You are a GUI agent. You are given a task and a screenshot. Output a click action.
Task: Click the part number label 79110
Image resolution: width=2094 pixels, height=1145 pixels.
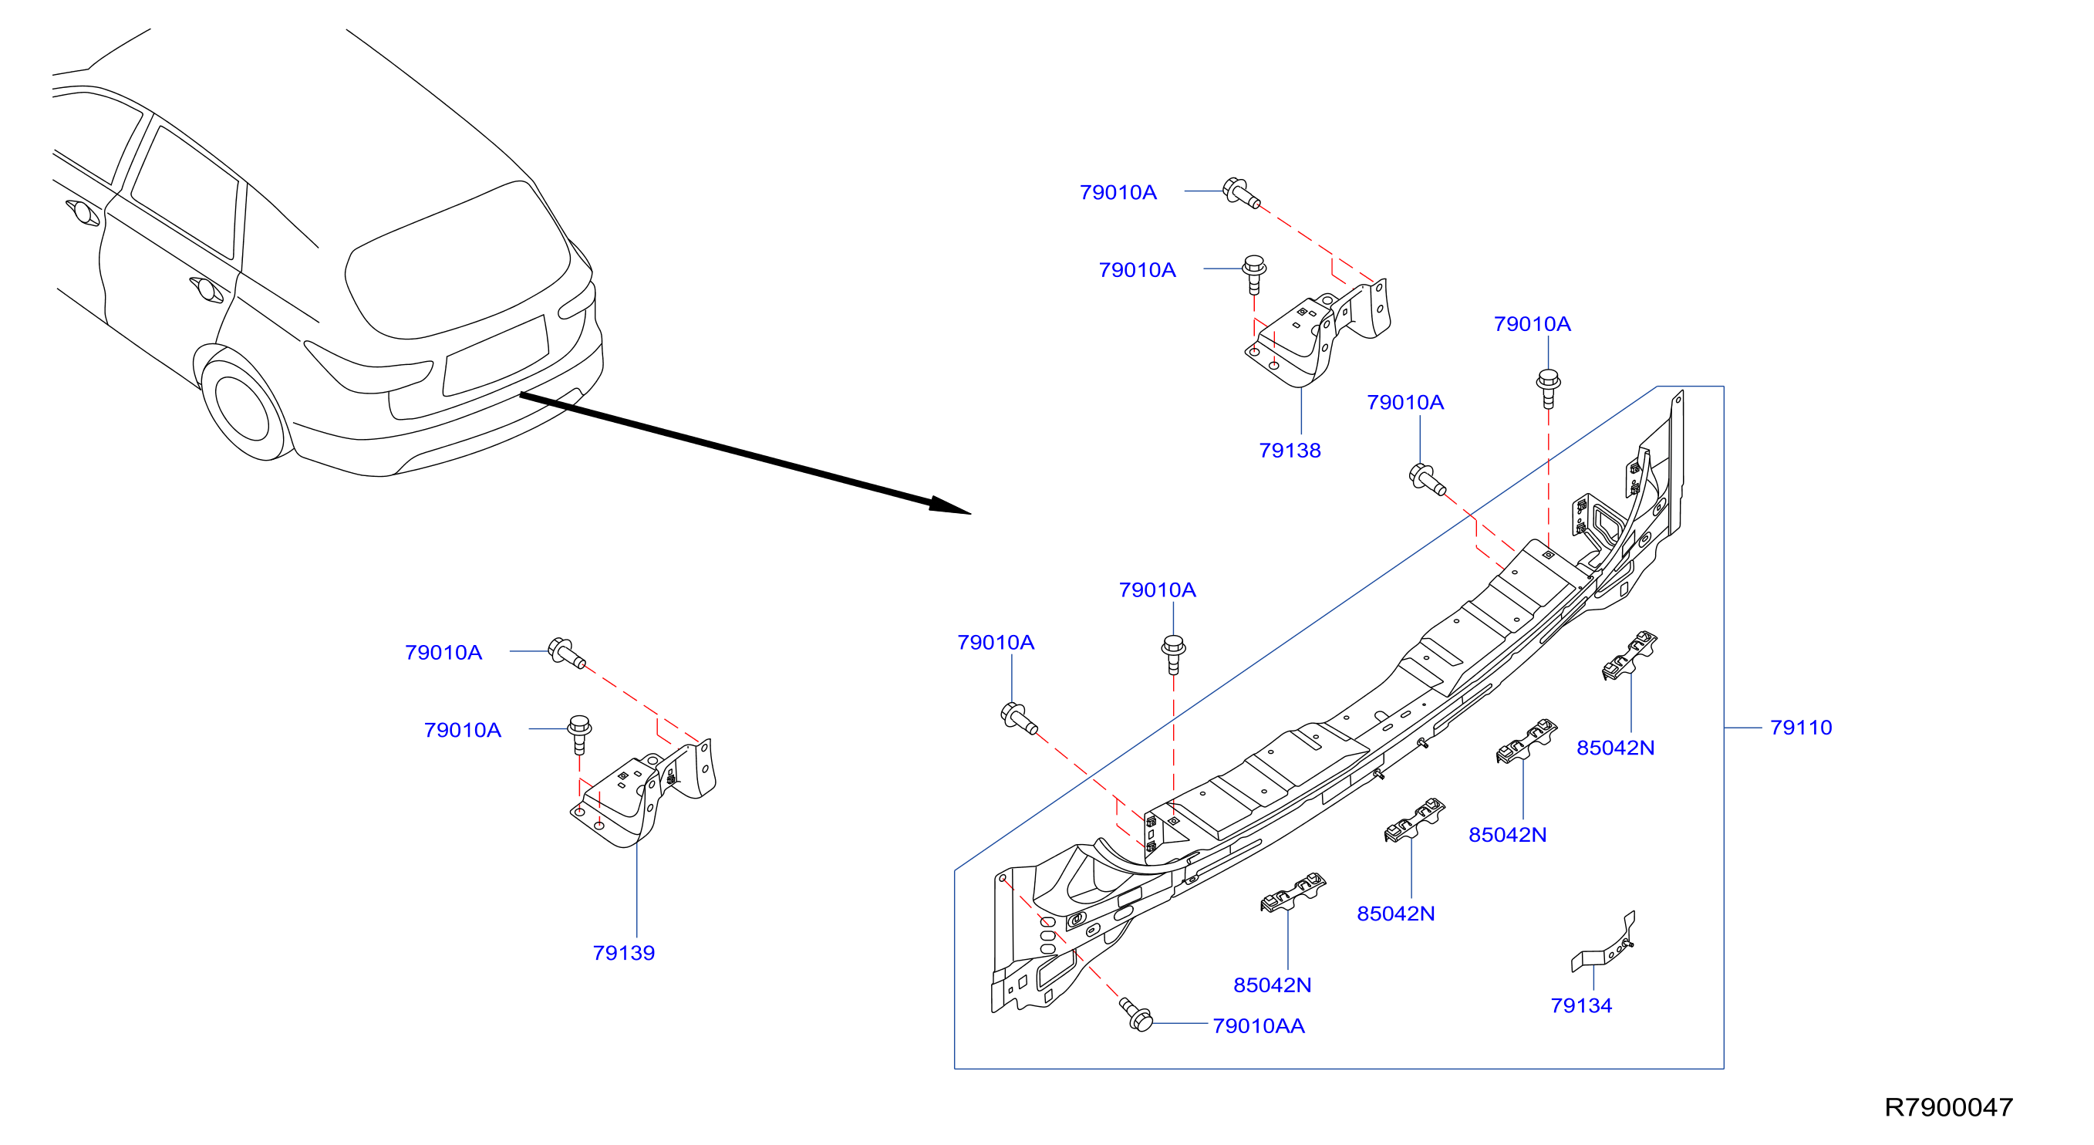pos(1801,728)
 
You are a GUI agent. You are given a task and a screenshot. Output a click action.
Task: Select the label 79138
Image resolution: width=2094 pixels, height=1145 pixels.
pos(1290,451)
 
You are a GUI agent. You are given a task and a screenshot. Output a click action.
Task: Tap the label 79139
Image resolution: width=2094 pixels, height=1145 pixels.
pos(623,953)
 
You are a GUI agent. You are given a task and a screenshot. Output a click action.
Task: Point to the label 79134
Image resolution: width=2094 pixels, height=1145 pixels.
pos(1581,1006)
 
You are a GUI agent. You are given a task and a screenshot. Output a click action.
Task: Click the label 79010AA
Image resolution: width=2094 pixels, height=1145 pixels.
pos(1259,1026)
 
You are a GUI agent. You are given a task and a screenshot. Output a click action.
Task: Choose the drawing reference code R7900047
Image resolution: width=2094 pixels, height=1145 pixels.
pos(1948,1108)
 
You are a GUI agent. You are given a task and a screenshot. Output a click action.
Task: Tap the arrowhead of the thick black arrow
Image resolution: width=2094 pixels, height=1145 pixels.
pos(949,506)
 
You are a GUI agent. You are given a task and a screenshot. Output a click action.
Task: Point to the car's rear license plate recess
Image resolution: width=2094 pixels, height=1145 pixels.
pos(496,356)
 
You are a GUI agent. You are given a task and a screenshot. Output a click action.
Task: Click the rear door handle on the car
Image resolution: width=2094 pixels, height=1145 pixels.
pos(207,289)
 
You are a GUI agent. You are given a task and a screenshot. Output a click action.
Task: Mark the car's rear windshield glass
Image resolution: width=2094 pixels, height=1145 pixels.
pos(457,260)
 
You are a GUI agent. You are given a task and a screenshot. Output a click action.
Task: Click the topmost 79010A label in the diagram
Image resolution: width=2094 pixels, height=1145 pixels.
pos(1118,193)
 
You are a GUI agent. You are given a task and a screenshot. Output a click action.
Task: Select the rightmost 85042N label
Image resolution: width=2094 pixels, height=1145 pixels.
pos(1615,748)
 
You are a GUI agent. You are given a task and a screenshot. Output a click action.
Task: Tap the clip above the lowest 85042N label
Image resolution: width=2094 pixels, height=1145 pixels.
pos(1293,892)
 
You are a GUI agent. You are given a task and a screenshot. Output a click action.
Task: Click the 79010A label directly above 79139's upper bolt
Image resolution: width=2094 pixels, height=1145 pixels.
pos(443,653)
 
